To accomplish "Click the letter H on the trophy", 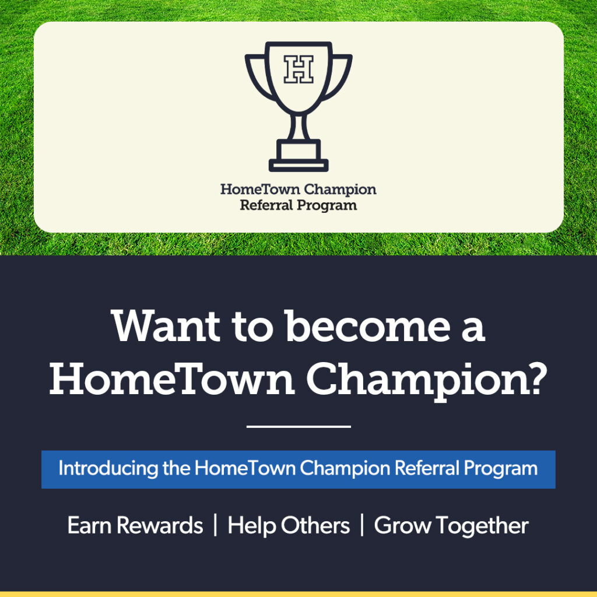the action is coord(298,69).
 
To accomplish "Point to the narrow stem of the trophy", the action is coord(298,127).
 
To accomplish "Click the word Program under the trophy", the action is coord(327,206).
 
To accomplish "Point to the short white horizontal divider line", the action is coord(298,426).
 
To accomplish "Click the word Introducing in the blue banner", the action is coord(108,468).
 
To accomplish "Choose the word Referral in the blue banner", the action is coord(427,468).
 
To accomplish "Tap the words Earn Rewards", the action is coord(135,525).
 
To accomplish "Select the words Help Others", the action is coord(289,526).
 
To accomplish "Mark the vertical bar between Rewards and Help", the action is coord(216,525).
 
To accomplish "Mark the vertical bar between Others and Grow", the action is coord(362,525).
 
